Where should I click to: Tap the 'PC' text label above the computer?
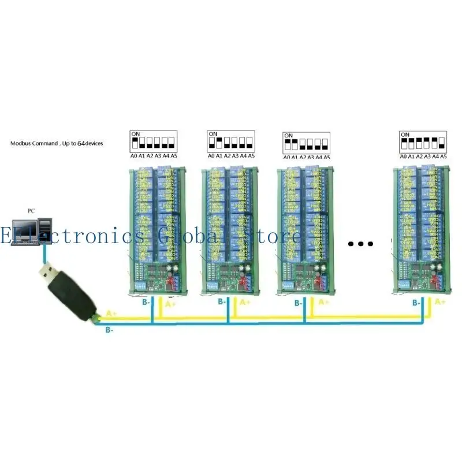[32, 211]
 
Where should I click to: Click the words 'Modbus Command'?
[34, 143]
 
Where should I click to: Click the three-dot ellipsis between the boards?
[361, 244]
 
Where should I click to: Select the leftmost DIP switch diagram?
[152, 141]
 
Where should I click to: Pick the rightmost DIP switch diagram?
[423, 142]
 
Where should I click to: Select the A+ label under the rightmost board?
[440, 302]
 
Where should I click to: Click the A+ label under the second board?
[245, 302]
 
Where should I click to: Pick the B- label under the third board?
[298, 303]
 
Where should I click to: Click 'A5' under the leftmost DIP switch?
[174, 156]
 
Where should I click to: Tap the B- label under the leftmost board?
[147, 302]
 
